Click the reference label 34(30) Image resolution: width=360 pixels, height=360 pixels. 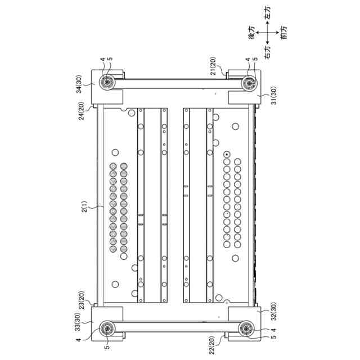pos(79,84)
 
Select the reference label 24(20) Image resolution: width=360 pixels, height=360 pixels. pos(81,111)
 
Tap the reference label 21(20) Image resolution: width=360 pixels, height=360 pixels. pos(213,66)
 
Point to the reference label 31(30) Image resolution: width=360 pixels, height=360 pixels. pos(274,96)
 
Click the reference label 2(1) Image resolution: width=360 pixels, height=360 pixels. pos(85,206)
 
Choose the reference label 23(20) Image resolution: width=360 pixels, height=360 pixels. pos(82,300)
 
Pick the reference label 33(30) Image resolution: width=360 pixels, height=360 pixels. pos(78,322)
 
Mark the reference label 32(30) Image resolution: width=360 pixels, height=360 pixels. pos(274,311)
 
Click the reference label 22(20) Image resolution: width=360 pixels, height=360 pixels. pos(212,345)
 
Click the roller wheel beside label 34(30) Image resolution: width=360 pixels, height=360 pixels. pos(107,82)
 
